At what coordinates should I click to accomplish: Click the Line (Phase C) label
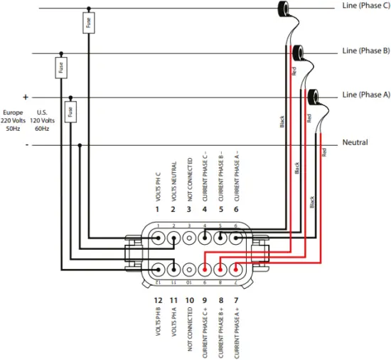[365, 6]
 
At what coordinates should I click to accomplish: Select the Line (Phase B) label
[365, 51]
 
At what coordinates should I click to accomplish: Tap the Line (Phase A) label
[365, 95]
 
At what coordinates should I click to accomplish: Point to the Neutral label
[355, 142]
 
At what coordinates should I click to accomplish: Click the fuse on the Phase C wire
[88, 23]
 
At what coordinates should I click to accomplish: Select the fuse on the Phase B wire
[61, 68]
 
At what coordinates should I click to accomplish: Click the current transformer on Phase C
[286, 8]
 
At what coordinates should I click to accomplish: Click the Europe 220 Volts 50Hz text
[13, 120]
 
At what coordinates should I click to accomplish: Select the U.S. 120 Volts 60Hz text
[41, 120]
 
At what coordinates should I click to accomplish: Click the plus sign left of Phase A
[26, 97]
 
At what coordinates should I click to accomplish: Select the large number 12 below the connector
[158, 300]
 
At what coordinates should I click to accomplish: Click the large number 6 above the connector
[236, 210]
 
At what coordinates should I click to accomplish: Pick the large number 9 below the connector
[205, 300]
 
